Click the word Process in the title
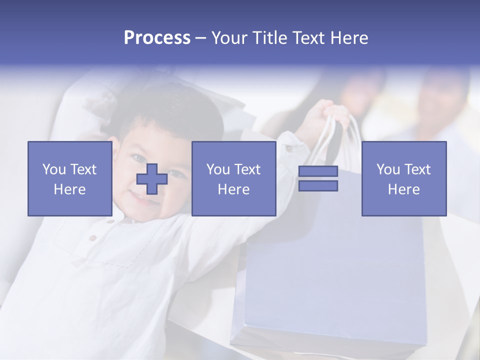[157, 38]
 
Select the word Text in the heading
[308, 38]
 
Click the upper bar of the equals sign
[318, 171]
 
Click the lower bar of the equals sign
[318, 186]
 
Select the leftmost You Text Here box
[69, 178]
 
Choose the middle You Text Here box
[233, 178]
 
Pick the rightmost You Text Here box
[403, 178]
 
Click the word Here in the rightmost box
[403, 189]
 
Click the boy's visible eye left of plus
[136, 159]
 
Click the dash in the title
[201, 38]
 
